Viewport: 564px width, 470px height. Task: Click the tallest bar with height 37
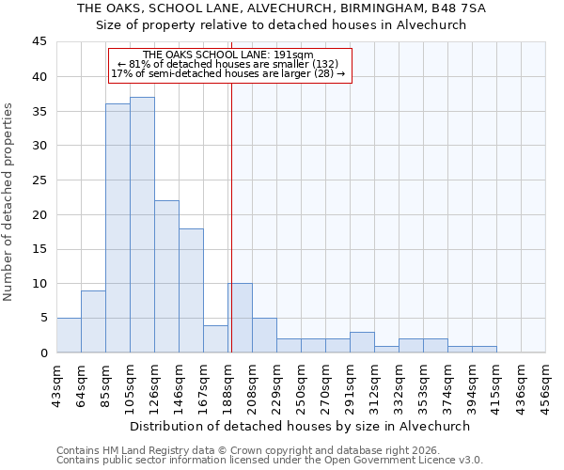click(x=142, y=225)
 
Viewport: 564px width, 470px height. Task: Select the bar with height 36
click(x=117, y=228)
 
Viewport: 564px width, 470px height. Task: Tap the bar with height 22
click(x=166, y=276)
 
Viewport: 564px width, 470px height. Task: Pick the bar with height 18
click(x=191, y=290)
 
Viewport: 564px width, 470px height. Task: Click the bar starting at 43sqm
click(x=69, y=336)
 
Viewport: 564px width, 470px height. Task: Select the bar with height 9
click(x=93, y=321)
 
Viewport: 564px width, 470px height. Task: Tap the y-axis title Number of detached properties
click(x=9, y=202)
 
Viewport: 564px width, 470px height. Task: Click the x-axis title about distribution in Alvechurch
click(x=300, y=426)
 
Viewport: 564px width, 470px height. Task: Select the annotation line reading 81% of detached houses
click(x=228, y=64)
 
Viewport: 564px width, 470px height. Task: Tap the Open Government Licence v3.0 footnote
click(x=270, y=461)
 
